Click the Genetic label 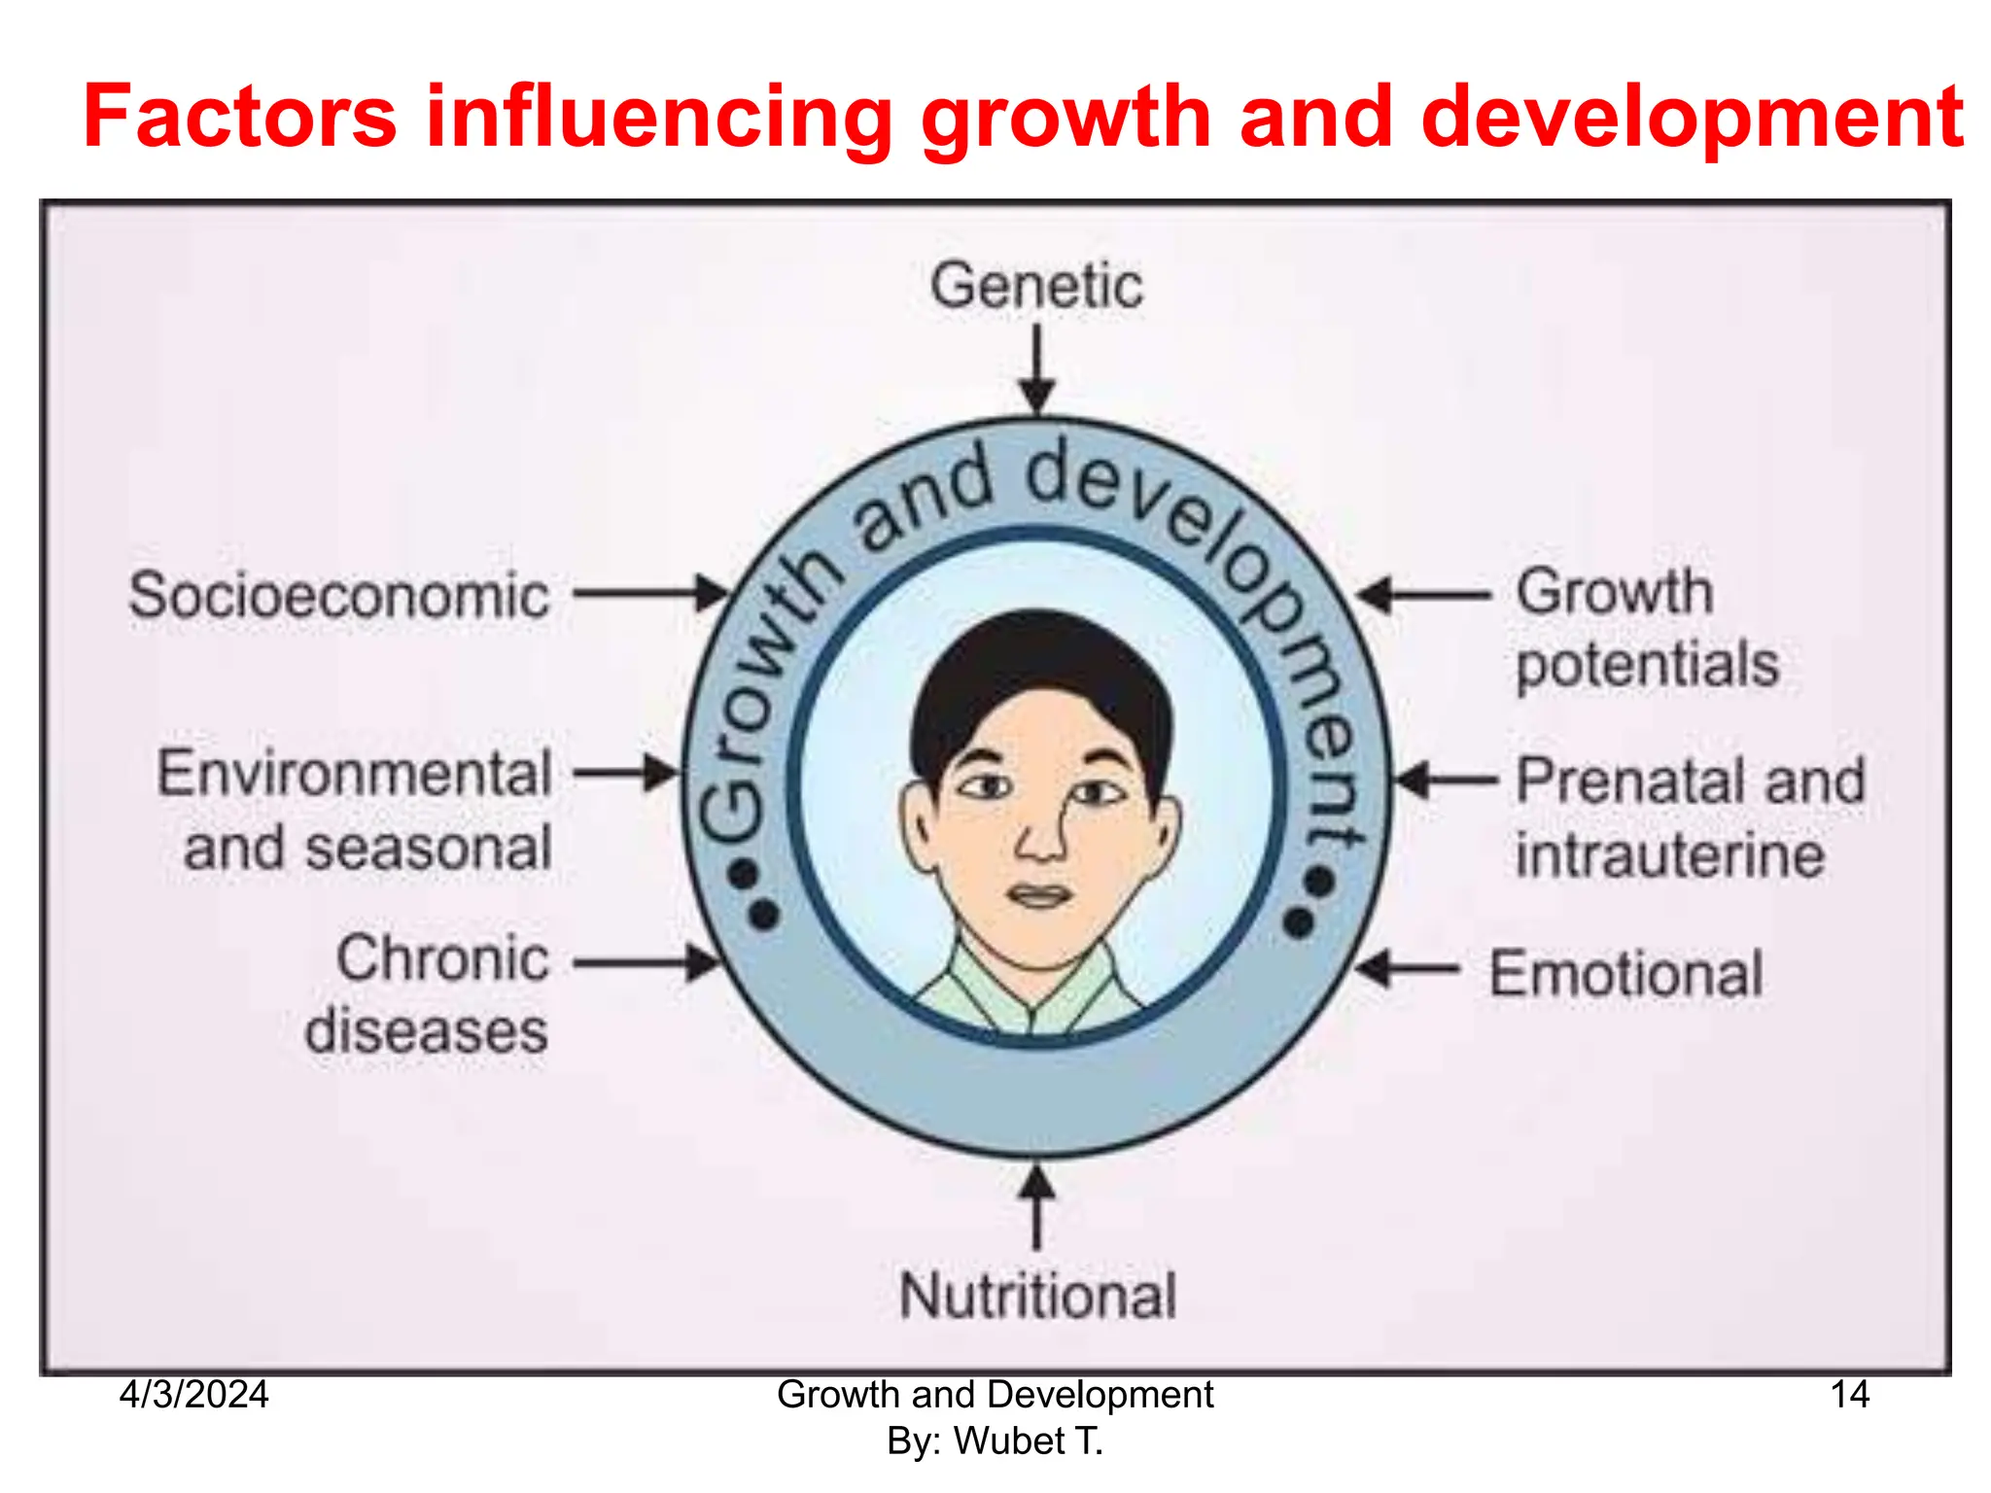pyautogui.click(x=1036, y=287)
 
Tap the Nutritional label pyautogui.click(x=1037, y=1296)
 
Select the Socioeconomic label pyautogui.click(x=339, y=596)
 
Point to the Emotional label pyautogui.click(x=1626, y=974)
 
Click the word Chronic pyautogui.click(x=443, y=958)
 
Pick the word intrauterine pyautogui.click(x=1670, y=855)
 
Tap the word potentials pyautogui.click(x=1648, y=665)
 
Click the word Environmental pyautogui.click(x=355, y=774)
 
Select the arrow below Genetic pyautogui.click(x=1037, y=369)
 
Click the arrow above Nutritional pyautogui.click(x=1037, y=1208)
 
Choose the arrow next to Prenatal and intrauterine pyautogui.click(x=1447, y=780)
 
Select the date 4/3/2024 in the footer pyautogui.click(x=193, y=1395)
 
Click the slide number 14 pyautogui.click(x=1849, y=1395)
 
